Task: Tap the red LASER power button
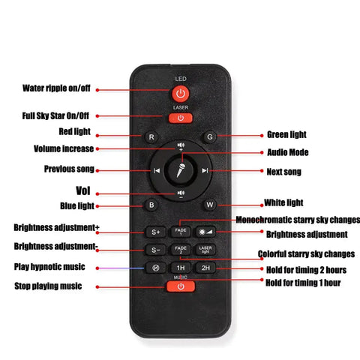pos(181,118)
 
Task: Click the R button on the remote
pos(151,137)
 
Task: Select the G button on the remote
pos(209,136)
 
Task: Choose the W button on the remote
pos(209,205)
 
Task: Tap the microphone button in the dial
pos(181,170)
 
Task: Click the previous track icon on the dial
pos(157,170)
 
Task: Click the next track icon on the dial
pos(205,170)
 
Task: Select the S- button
pos(155,250)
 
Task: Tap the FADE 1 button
pos(181,232)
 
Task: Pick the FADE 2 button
pos(181,250)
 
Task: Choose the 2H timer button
pos(205,268)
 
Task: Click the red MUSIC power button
pos(181,286)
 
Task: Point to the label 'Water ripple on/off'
pos(56,88)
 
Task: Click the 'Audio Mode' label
pos(288,152)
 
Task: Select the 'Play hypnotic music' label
pos(49,267)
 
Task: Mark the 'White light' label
pos(283,202)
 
